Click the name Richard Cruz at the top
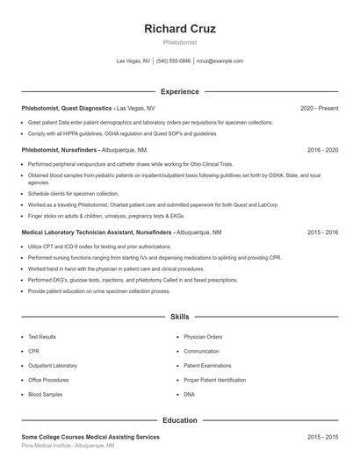180,28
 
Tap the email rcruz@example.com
220,61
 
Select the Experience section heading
180,91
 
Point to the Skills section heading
180,316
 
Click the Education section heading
180,420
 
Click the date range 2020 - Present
319,108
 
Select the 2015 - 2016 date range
322,232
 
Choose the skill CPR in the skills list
33,351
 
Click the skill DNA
189,395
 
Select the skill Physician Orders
203,337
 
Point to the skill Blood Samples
44,395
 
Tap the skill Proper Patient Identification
215,380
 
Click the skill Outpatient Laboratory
53,366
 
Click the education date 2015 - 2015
322,436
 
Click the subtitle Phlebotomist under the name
180,42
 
